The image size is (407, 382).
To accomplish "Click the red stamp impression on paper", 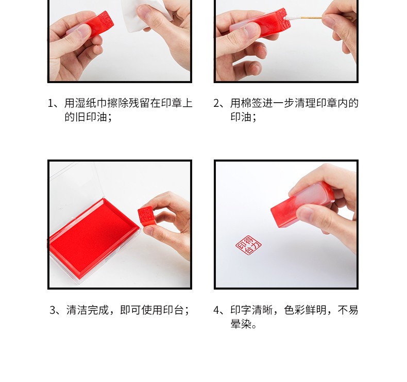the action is pyautogui.click(x=248, y=245).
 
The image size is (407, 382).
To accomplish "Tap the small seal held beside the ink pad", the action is pyautogui.click(x=146, y=216).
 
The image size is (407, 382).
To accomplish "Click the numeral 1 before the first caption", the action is pyautogui.click(x=50, y=103).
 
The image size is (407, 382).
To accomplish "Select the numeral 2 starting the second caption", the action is pyautogui.click(x=217, y=103).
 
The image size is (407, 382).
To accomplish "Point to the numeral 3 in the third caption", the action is pyautogui.click(x=53, y=310).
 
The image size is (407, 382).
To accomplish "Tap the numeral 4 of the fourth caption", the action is pyautogui.click(x=217, y=310).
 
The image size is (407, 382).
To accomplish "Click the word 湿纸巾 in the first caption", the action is pyautogui.click(x=91, y=103).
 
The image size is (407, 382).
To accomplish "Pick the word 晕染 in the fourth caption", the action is pyautogui.click(x=241, y=324).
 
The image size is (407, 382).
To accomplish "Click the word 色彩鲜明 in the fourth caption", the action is pyautogui.click(x=305, y=310).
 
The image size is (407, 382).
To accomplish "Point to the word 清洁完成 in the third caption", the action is pyautogui.click(x=88, y=310).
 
